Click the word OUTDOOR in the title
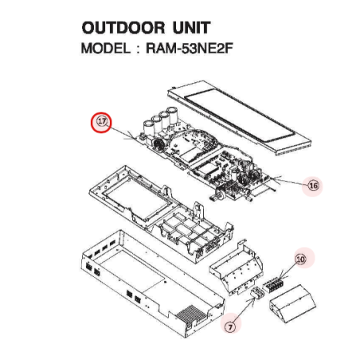[x=123, y=28]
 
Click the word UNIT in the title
[x=191, y=28]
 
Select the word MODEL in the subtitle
[x=106, y=49]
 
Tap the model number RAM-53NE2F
[x=190, y=49]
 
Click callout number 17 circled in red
[x=101, y=122]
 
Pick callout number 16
[x=313, y=186]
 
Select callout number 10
[x=300, y=259]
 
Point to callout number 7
[x=230, y=327]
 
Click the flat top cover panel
[x=239, y=118]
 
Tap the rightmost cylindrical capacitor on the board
[x=173, y=115]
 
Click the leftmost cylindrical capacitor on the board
[x=148, y=127]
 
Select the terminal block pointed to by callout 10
[x=273, y=284]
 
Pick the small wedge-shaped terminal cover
[x=292, y=303]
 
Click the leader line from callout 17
[x=123, y=133]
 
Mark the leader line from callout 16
[x=290, y=181]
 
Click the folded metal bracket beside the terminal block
[x=237, y=268]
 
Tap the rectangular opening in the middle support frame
[x=138, y=197]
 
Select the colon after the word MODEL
[x=138, y=49]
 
